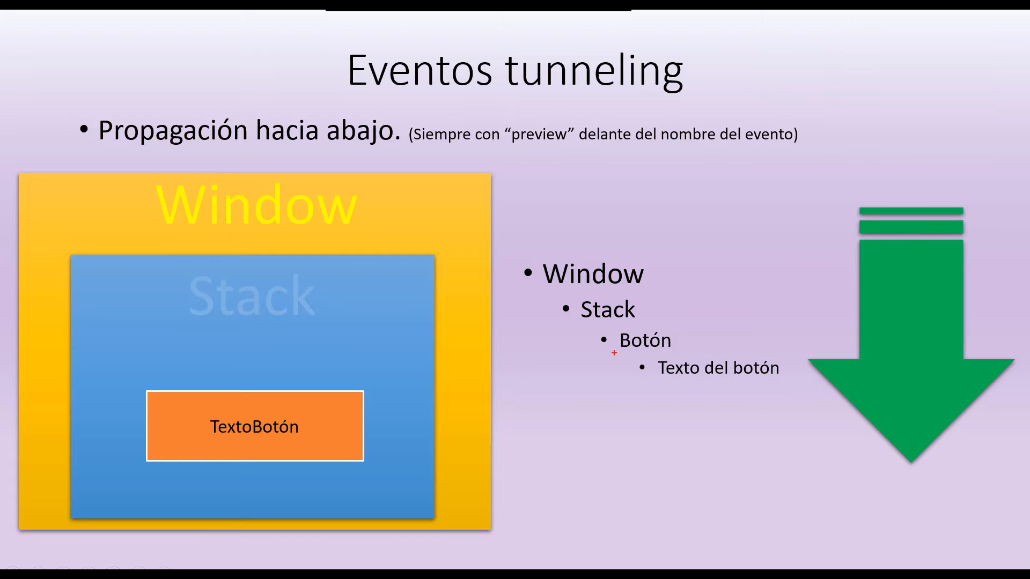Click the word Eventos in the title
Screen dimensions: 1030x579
pyautogui.click(x=420, y=70)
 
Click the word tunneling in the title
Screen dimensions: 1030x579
pyautogui.click(x=594, y=71)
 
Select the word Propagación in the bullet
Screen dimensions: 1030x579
pyautogui.click(x=173, y=131)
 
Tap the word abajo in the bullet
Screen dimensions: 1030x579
pyautogui.click(x=364, y=131)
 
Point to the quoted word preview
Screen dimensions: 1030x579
pyautogui.click(x=539, y=134)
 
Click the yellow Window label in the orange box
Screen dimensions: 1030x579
pyautogui.click(x=256, y=205)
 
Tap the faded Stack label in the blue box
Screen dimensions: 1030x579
pyautogui.click(x=252, y=296)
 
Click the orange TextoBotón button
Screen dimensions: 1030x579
pyautogui.click(x=255, y=426)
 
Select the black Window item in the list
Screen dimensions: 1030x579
pyautogui.click(x=593, y=274)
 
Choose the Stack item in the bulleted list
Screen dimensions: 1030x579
pyautogui.click(x=608, y=310)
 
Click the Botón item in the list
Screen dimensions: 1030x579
pyautogui.click(x=645, y=340)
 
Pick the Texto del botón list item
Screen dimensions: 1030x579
pyautogui.click(x=718, y=368)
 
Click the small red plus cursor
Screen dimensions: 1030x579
pyautogui.click(x=614, y=353)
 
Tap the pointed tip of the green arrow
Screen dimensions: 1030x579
pyautogui.click(x=911, y=462)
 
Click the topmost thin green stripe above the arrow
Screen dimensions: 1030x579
pyautogui.click(x=911, y=211)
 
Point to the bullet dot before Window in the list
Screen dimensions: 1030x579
pyautogui.click(x=528, y=273)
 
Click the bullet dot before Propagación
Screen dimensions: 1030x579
pyautogui.click(x=84, y=129)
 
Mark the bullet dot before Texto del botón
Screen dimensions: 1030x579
pyautogui.click(x=643, y=367)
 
